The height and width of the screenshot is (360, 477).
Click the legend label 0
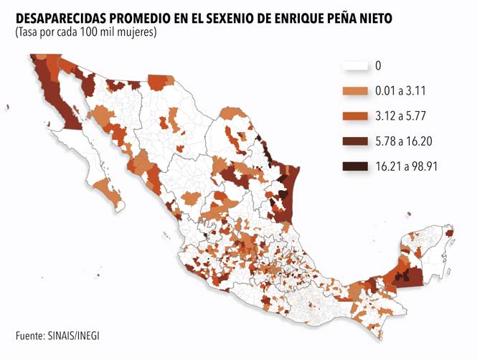(378, 66)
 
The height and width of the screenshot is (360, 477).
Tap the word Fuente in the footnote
(29, 335)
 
